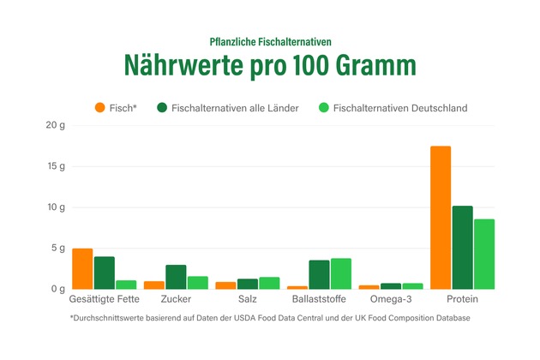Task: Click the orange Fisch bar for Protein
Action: point(441,218)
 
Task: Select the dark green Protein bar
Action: point(463,248)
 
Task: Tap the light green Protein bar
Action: point(484,255)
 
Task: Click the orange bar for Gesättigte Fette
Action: point(82,269)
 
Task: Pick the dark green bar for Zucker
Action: point(176,277)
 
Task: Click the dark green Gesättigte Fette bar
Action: point(104,273)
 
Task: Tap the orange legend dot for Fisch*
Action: point(99,108)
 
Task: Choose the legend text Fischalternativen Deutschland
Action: point(399,108)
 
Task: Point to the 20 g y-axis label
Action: point(56,125)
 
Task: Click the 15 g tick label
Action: point(56,166)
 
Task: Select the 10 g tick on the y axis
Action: point(56,207)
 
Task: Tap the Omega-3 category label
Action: point(391,300)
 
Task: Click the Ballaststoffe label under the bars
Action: point(318,300)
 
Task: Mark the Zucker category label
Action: point(176,300)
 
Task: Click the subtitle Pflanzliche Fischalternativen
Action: point(269,41)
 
